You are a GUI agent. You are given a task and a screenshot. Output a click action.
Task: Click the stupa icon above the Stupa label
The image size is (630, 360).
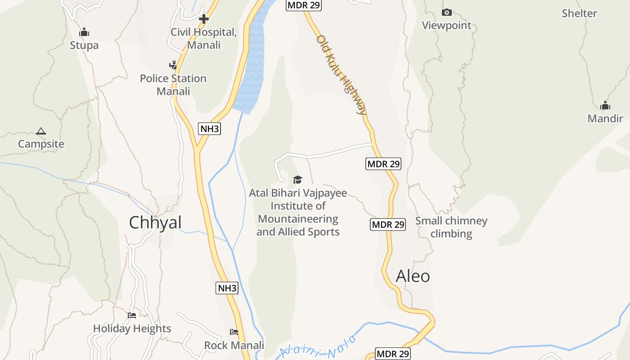coord(84,32)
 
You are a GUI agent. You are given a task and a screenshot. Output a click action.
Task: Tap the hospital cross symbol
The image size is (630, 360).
coord(204,19)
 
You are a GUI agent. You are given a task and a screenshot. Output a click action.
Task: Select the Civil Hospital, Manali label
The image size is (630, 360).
coord(204,39)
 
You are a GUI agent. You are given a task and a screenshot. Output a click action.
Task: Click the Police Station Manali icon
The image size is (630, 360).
coord(173,65)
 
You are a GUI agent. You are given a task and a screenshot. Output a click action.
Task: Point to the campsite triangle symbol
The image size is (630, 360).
coord(41,131)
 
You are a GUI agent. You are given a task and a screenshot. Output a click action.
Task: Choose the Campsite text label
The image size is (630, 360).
coord(41,144)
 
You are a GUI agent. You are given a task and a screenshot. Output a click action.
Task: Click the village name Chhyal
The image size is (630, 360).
coord(155,222)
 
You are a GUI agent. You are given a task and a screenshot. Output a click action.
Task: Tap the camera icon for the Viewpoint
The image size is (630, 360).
coord(446,13)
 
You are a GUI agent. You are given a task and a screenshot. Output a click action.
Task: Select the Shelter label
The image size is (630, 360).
coord(579,13)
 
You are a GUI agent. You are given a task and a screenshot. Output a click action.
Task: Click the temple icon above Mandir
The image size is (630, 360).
coord(605,106)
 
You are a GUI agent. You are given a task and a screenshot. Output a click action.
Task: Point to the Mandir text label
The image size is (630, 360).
coord(605,119)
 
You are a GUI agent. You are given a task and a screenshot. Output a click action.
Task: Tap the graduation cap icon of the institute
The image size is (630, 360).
coord(297,180)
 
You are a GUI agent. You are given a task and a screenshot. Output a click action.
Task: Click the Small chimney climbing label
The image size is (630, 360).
coord(451,227)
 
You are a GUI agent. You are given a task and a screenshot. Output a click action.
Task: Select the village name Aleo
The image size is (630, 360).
coord(413,276)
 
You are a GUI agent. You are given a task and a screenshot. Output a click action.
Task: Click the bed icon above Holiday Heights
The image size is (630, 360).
coord(132,315)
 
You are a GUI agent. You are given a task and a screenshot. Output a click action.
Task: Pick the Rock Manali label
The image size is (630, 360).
coord(234,346)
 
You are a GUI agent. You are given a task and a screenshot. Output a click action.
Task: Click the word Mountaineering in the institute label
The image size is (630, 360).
coord(298,219)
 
